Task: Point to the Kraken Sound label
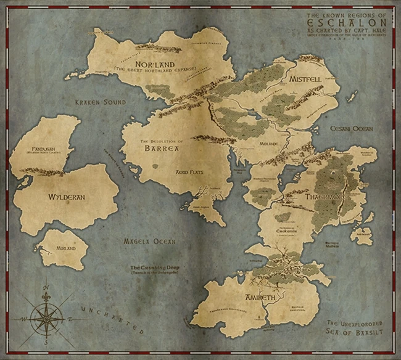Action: [x=101, y=102]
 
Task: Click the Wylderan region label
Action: [x=66, y=197]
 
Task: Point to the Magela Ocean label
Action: [x=149, y=241]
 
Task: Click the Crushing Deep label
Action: [x=153, y=268]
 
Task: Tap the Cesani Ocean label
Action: [x=352, y=128]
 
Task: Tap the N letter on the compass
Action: [x=47, y=287]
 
